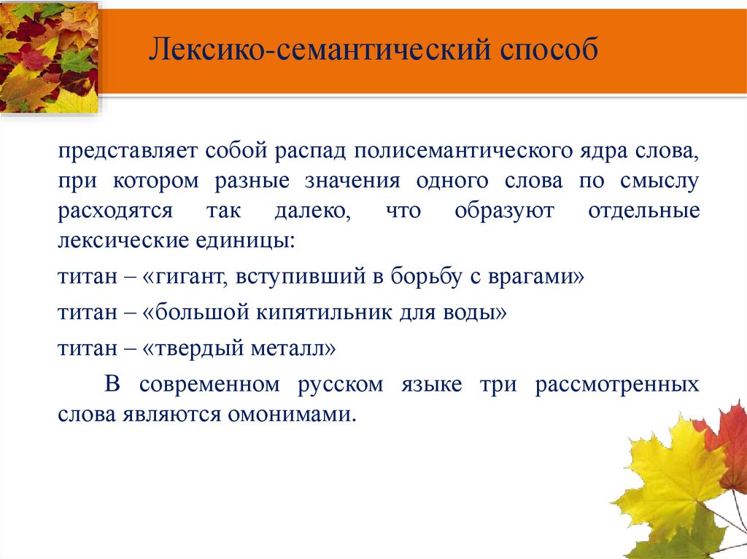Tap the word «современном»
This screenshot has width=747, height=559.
point(209,385)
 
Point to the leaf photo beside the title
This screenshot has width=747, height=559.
point(49,57)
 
